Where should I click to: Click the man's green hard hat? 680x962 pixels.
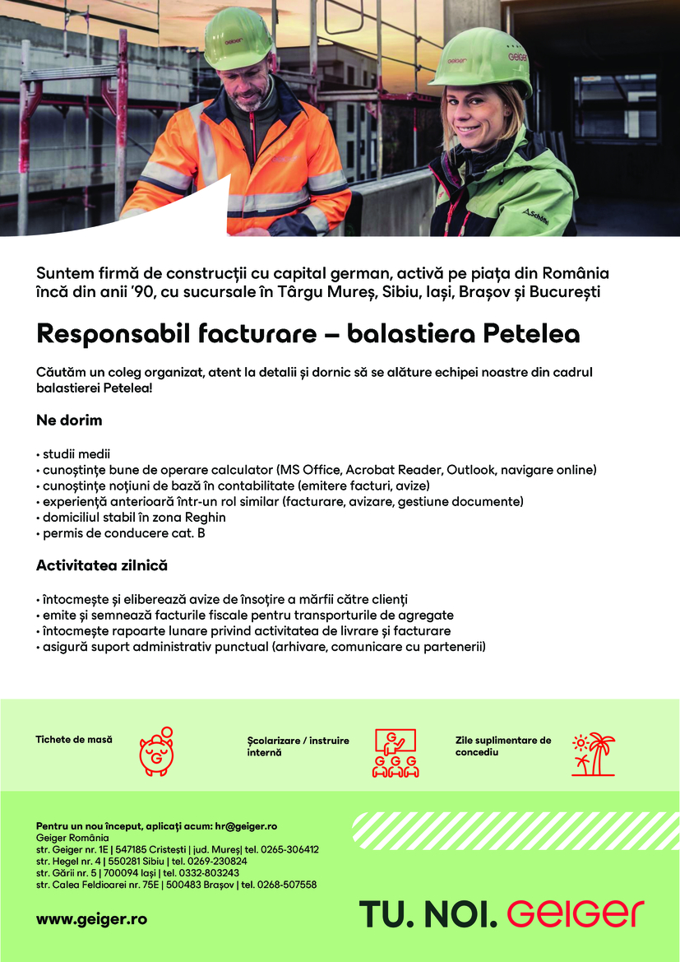[237, 37]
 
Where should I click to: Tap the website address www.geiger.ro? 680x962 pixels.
[91, 918]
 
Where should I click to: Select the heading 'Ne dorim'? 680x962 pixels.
[69, 420]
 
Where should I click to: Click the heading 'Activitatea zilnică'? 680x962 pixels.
[101, 565]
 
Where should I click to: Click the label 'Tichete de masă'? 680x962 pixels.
[74, 740]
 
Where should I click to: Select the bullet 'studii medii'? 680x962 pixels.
[76, 454]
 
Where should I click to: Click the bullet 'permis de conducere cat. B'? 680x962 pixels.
[123, 532]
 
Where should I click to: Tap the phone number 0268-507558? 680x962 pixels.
[288, 885]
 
